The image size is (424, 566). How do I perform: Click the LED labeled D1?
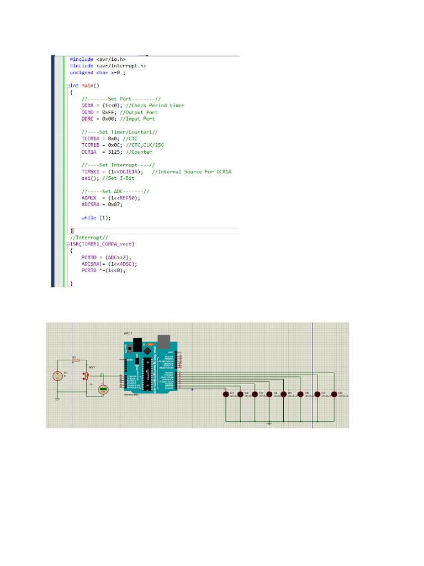coord(226,394)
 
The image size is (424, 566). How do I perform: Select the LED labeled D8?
coord(334,394)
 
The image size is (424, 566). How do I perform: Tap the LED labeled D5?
coord(284,394)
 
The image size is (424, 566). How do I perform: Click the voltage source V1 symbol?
coord(57,376)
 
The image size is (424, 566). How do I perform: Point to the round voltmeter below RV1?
coord(103,390)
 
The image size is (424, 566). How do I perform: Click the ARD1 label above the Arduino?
coord(129,333)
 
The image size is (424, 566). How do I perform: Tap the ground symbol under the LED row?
coord(269,424)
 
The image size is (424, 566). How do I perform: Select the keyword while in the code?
coord(88,218)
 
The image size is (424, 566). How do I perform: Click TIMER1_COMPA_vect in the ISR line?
coord(105,244)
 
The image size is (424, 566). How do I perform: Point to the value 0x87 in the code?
coord(114,205)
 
